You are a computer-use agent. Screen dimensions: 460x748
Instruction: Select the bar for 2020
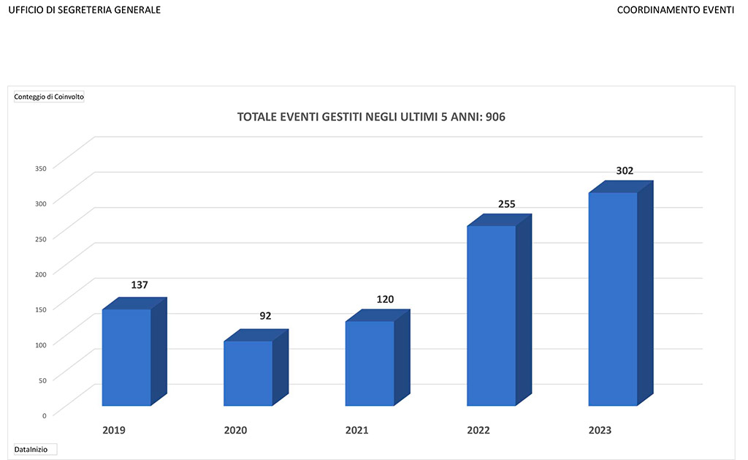(x=248, y=373)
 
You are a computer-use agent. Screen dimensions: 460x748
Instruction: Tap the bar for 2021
(x=370, y=363)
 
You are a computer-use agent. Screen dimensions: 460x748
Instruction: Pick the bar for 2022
(x=491, y=315)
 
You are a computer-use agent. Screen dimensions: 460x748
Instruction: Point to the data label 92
(x=266, y=316)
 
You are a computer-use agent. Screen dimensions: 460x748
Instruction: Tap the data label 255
(x=507, y=204)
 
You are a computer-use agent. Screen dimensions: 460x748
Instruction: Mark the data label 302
(x=624, y=171)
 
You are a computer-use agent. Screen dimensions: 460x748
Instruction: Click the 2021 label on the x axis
(x=356, y=430)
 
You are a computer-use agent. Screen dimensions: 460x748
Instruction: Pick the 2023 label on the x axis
(x=600, y=430)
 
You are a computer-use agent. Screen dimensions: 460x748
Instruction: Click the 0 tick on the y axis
(x=44, y=415)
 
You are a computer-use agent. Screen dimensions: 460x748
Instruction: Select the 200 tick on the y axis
(x=41, y=274)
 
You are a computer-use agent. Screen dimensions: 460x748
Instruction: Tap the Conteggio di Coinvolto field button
(x=49, y=97)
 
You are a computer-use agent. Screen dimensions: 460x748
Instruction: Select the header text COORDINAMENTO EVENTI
(x=675, y=10)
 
